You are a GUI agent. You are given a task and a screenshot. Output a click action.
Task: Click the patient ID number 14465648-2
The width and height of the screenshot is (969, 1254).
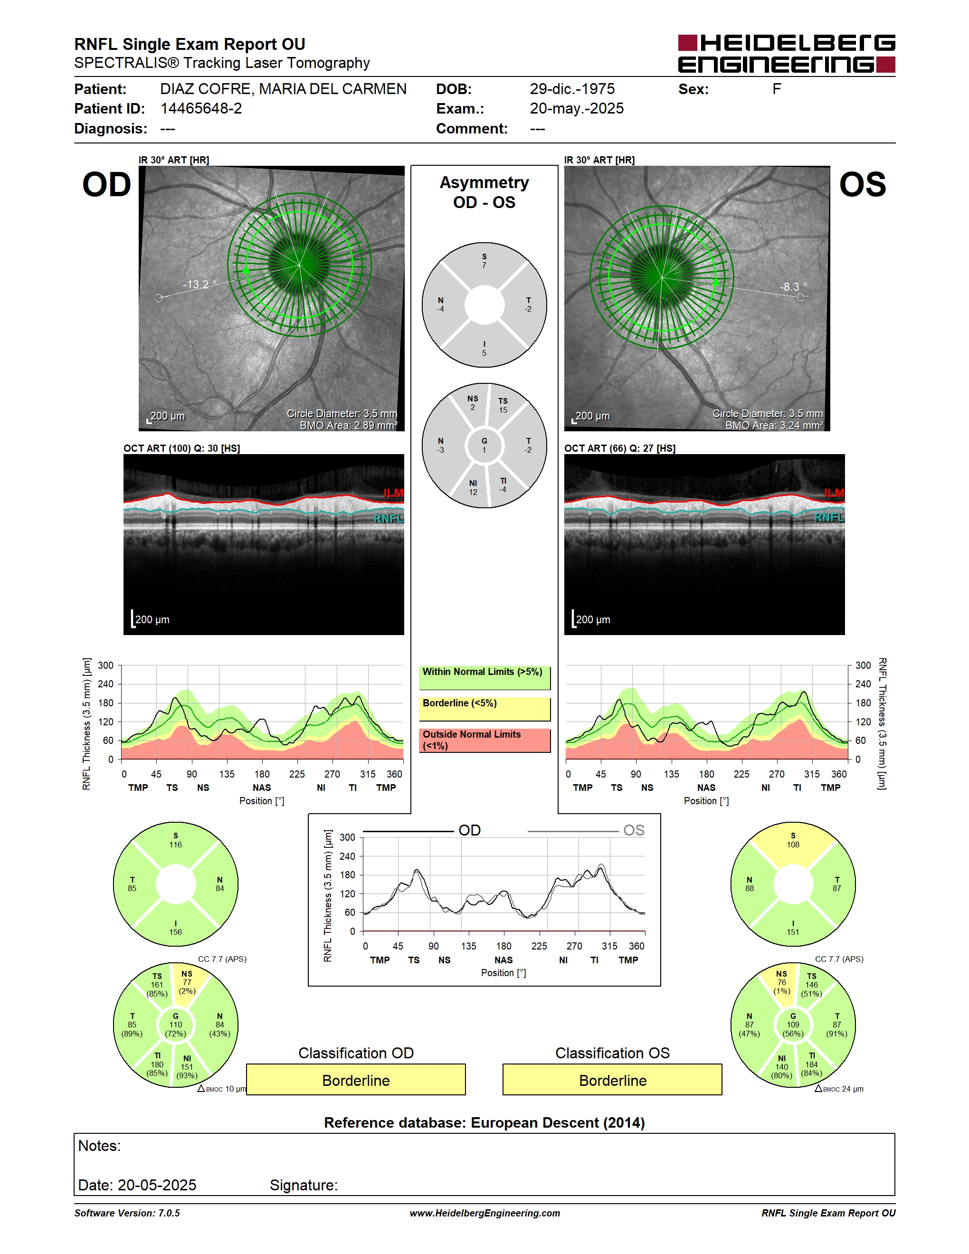[x=201, y=108]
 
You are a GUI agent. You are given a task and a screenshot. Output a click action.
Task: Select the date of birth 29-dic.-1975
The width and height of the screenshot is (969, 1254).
[x=572, y=89]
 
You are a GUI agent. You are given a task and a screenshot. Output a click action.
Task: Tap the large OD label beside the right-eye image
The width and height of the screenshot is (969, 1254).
[x=107, y=185]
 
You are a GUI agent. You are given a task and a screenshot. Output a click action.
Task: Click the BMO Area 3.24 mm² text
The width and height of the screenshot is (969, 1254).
[x=774, y=426]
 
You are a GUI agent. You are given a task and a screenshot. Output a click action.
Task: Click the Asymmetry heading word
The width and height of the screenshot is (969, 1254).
[x=484, y=182]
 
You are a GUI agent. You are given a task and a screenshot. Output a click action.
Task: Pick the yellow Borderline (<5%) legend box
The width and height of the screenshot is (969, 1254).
[x=484, y=709]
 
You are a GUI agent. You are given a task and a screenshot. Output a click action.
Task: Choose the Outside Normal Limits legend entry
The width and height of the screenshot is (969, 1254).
[x=484, y=740]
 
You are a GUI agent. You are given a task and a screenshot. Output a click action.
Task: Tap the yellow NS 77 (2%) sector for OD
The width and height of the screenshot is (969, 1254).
[x=187, y=982]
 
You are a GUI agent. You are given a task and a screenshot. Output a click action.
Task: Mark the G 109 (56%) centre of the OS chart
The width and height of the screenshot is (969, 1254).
[x=793, y=1025]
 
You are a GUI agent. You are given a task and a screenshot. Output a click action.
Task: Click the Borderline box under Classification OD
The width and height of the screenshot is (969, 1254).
[x=356, y=1080]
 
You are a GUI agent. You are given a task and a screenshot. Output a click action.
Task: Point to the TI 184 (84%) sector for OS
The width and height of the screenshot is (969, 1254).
[x=811, y=1064]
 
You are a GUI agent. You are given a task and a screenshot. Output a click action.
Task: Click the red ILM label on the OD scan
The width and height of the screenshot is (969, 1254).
[x=393, y=493]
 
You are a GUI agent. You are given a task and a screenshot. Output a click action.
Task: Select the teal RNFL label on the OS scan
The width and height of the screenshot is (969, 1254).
[x=829, y=517]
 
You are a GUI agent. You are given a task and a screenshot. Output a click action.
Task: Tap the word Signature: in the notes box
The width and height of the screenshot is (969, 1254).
[x=304, y=1185]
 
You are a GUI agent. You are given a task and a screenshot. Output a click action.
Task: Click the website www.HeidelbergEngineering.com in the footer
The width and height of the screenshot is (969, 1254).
[x=484, y=1213]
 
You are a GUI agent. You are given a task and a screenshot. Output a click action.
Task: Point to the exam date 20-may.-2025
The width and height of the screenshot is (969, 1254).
[x=576, y=108]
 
